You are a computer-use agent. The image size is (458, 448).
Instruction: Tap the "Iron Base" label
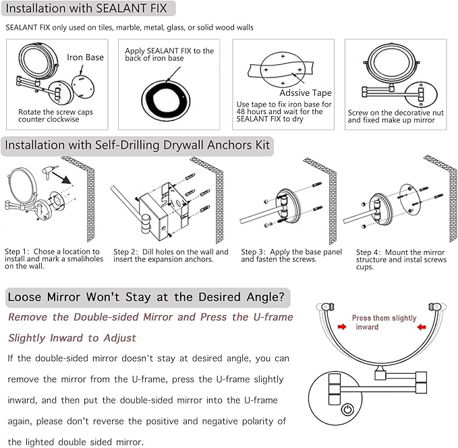tap(86, 57)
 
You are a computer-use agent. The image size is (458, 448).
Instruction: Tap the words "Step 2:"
tap(126, 252)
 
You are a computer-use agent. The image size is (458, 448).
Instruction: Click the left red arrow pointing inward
tap(343, 327)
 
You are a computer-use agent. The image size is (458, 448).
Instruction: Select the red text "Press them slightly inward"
tap(381, 322)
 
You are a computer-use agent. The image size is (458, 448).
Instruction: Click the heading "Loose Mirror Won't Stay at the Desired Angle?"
tap(148, 297)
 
